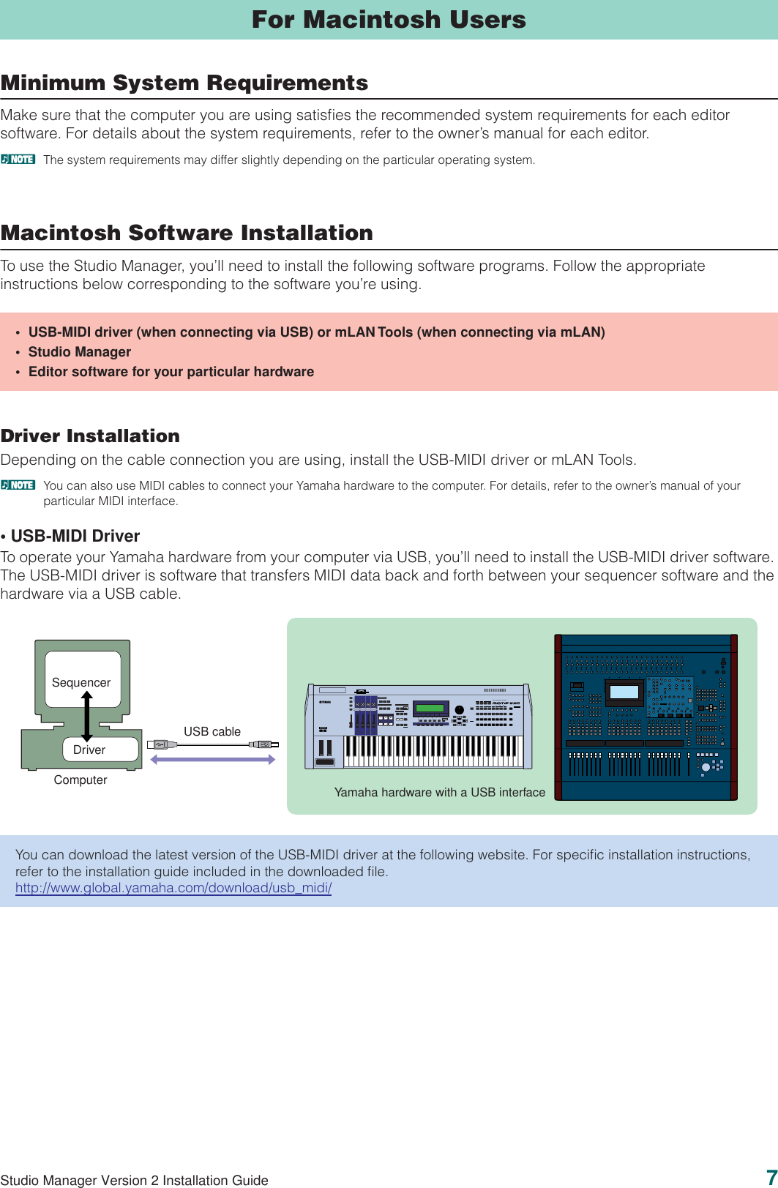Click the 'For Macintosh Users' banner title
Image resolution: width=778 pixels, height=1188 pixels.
click(x=389, y=20)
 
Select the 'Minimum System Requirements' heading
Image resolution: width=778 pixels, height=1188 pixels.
click(x=184, y=83)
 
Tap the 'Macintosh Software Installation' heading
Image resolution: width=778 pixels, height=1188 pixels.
click(x=187, y=233)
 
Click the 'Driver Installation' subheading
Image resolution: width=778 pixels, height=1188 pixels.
click(x=90, y=436)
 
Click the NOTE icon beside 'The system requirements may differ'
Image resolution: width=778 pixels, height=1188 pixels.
click(x=18, y=159)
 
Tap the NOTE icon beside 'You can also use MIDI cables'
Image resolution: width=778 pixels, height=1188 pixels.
click(x=18, y=485)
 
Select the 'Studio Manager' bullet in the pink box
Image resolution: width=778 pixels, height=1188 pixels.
click(x=79, y=352)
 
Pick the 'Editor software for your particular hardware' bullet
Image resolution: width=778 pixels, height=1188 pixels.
click(x=171, y=372)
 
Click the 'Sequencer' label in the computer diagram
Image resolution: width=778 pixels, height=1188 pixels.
click(x=81, y=682)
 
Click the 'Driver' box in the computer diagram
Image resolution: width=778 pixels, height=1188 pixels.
click(x=90, y=750)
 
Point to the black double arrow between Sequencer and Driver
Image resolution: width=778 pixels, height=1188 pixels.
click(x=87, y=716)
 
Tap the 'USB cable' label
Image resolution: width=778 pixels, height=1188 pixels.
click(x=212, y=731)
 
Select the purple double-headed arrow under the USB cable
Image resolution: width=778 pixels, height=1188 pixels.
click(x=212, y=760)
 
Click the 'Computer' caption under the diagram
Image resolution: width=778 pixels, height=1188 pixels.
click(x=81, y=780)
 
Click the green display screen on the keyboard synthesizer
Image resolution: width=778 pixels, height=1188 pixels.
click(x=430, y=708)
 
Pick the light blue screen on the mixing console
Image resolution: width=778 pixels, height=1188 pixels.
click(x=624, y=692)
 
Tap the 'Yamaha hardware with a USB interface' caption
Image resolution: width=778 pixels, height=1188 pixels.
click(x=440, y=792)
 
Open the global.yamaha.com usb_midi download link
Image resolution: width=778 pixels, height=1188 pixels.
click(x=173, y=888)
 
